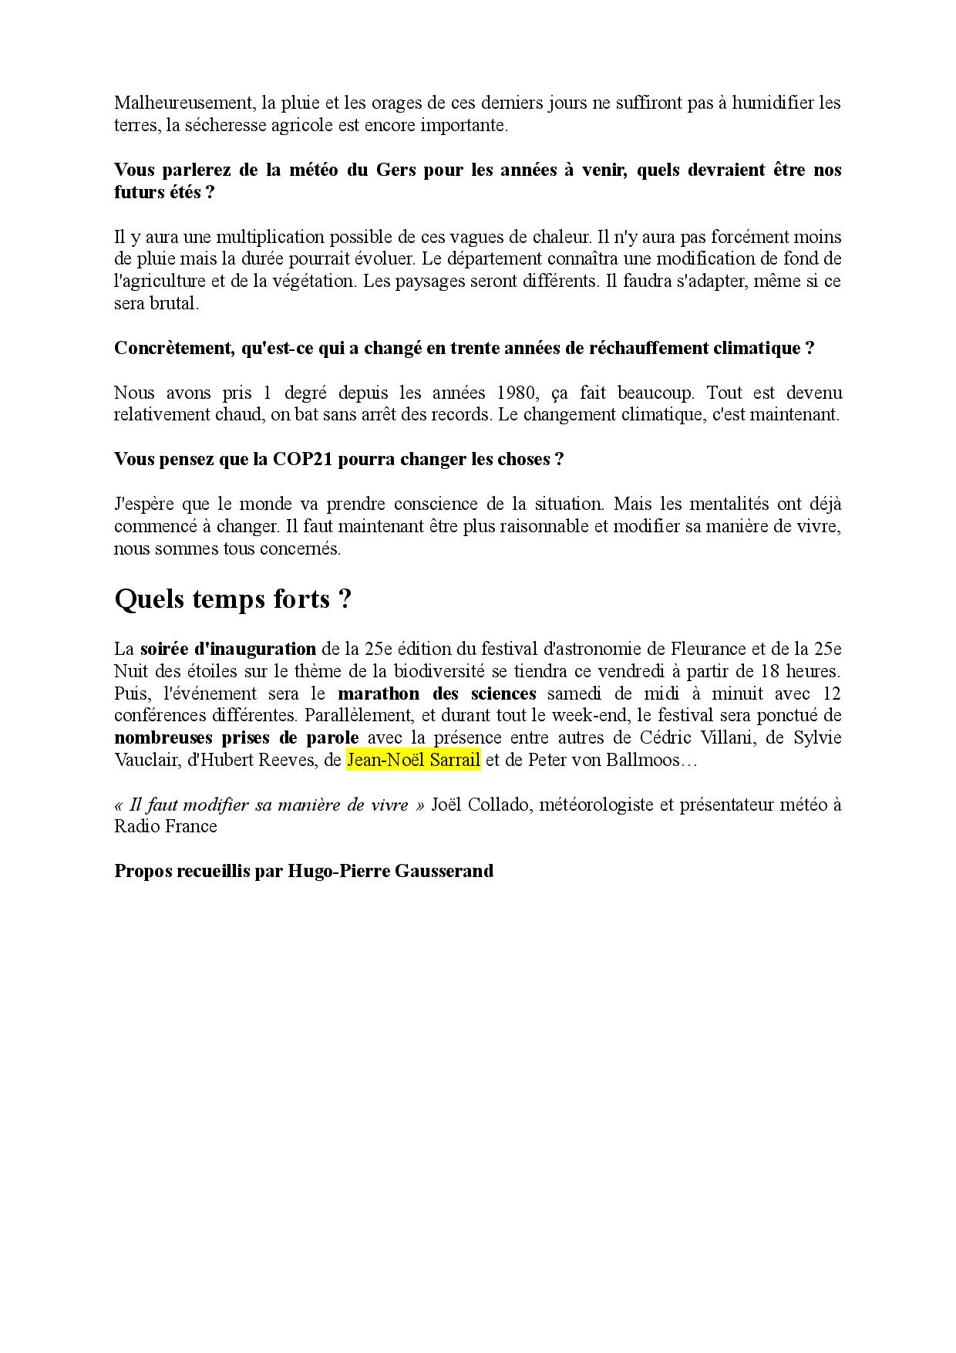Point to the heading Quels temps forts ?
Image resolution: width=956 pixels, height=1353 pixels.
coord(233,599)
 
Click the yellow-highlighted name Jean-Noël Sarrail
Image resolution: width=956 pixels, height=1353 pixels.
coord(413,761)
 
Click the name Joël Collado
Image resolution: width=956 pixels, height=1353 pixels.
coord(481,805)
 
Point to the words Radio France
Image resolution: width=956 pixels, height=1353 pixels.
coord(165,827)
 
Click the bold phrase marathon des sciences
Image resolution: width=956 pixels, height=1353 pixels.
coord(436,693)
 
